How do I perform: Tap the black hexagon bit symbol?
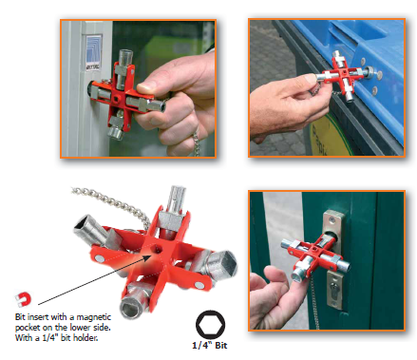(210, 325)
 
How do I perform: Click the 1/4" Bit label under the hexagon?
(210, 346)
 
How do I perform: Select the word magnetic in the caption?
(94, 317)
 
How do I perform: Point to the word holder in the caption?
(85, 338)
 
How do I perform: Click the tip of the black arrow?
(151, 256)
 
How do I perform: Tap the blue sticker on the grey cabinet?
(94, 52)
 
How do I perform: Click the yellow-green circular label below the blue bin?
(330, 136)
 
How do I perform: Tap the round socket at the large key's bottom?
(132, 306)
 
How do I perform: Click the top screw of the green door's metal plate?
(332, 218)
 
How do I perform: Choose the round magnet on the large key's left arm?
(101, 258)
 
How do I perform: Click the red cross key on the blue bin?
(343, 75)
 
